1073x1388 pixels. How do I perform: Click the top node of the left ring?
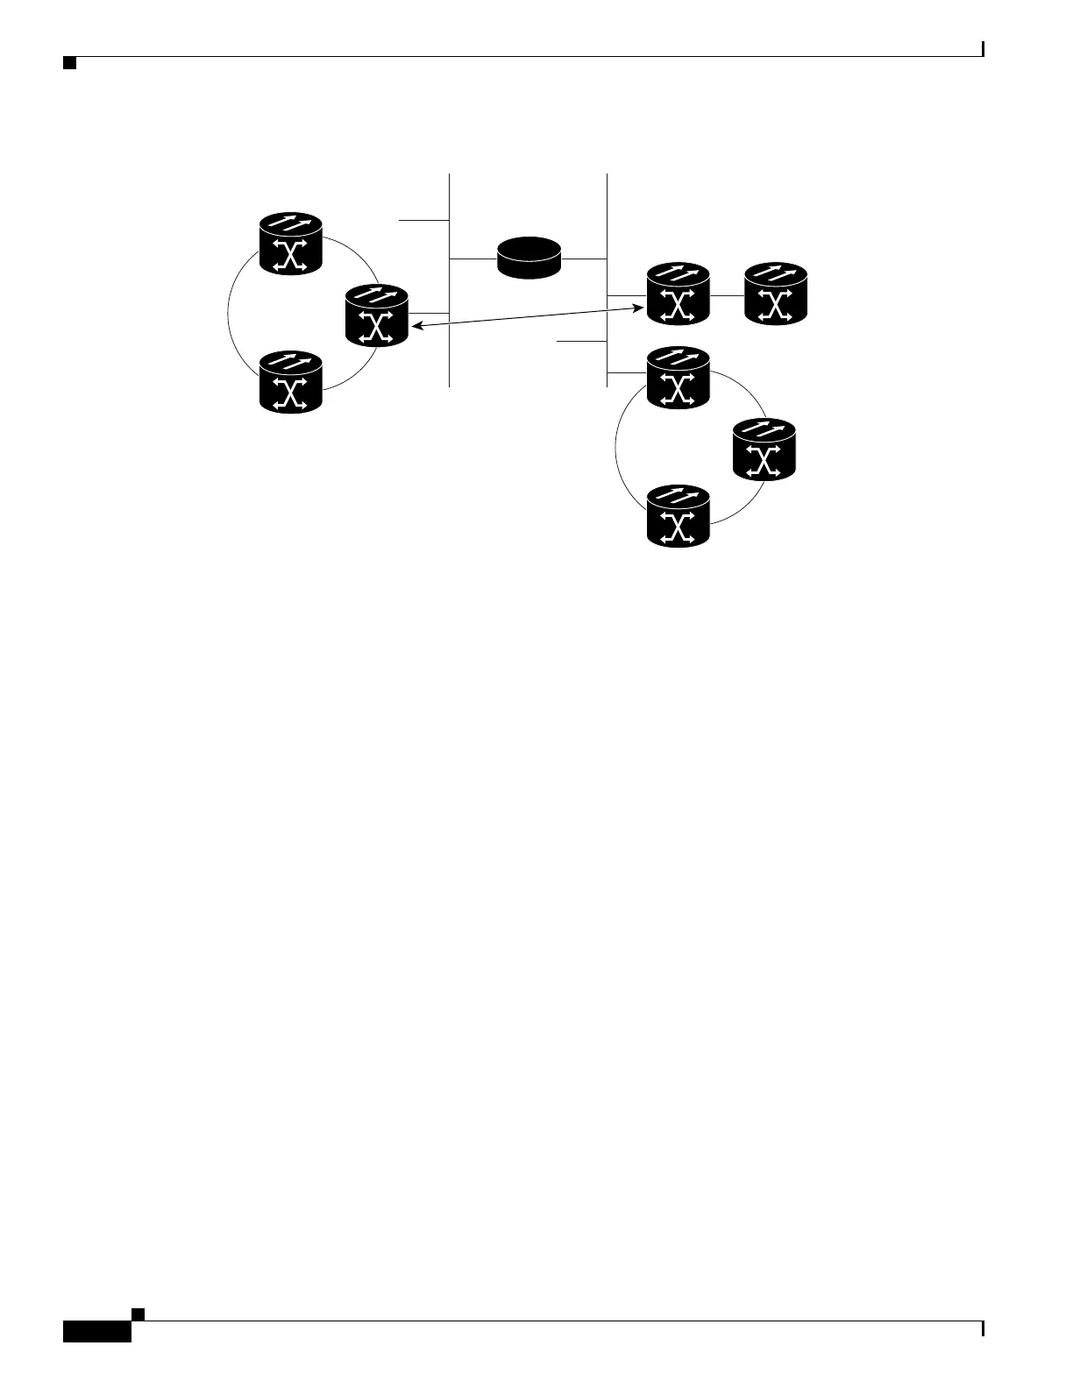click(x=292, y=245)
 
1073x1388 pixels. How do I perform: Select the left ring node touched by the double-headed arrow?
click(x=378, y=315)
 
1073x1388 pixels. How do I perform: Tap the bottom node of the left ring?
click(x=292, y=382)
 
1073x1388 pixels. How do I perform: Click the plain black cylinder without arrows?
click(x=529, y=258)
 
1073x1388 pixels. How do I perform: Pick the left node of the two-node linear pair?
click(x=678, y=294)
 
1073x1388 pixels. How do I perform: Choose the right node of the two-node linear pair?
click(x=775, y=294)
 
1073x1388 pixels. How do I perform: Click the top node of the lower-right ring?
click(x=678, y=378)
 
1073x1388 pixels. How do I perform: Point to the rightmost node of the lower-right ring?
click(x=764, y=450)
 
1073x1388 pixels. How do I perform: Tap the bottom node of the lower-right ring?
click(x=678, y=517)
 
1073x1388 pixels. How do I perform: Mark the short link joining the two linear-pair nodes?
click(x=726, y=295)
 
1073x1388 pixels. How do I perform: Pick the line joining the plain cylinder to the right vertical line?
click(x=584, y=258)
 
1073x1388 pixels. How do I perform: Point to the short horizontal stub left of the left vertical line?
click(x=424, y=221)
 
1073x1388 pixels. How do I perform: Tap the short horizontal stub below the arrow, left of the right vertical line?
click(x=582, y=341)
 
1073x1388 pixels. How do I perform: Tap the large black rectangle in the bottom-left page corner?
click(x=96, y=1331)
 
